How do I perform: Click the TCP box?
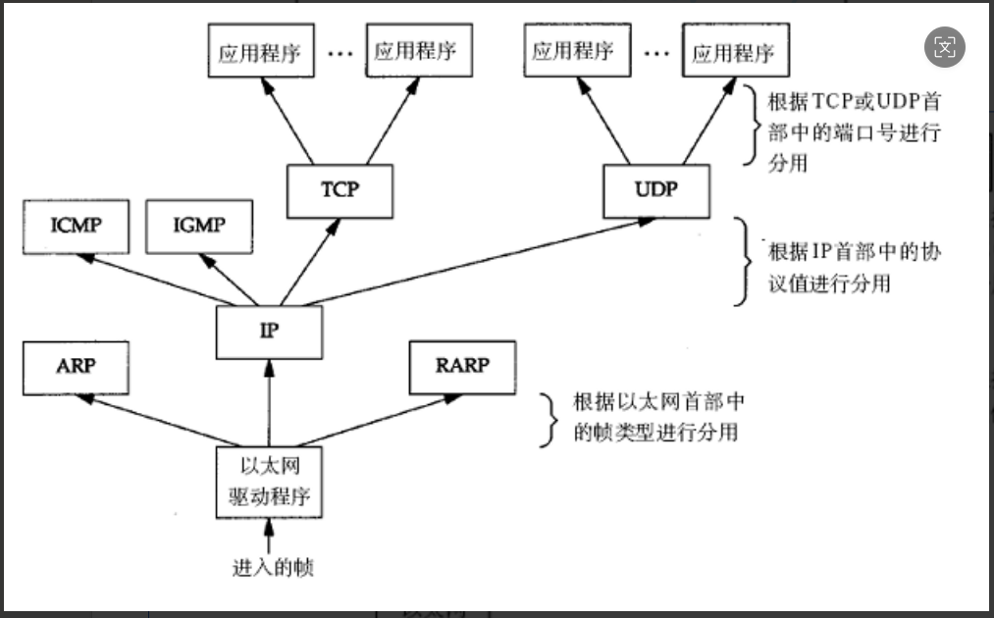pyautogui.click(x=340, y=189)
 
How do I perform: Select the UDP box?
pyautogui.click(x=655, y=189)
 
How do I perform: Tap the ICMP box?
pyautogui.click(x=76, y=227)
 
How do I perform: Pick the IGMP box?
pyautogui.click(x=199, y=227)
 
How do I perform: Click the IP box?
pyautogui.click(x=269, y=332)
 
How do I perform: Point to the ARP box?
pyautogui.click(x=76, y=366)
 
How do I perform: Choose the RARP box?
pyautogui.click(x=461, y=366)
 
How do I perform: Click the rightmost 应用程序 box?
pyautogui.click(x=735, y=52)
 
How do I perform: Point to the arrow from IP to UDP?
pyautogui.click(x=471, y=260)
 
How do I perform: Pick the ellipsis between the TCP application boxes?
pyautogui.click(x=340, y=53)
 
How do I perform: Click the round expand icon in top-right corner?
pyautogui.click(x=944, y=47)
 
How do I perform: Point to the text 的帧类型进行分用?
pyautogui.click(x=654, y=432)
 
